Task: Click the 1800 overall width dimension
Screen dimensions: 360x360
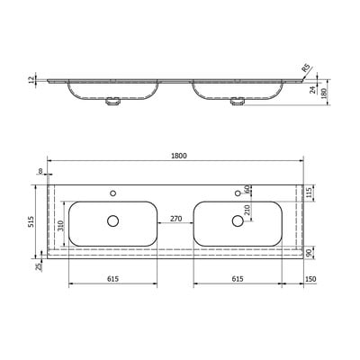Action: point(179,156)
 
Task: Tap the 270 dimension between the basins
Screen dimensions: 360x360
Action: point(175,219)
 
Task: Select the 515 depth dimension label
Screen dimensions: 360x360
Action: point(31,221)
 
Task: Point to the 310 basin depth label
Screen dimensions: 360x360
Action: point(60,226)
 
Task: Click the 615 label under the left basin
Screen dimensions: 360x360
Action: point(112,279)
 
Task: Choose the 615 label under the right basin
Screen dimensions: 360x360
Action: point(238,279)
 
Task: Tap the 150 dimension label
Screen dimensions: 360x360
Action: point(310,279)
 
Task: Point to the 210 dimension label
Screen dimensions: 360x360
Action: point(247,210)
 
